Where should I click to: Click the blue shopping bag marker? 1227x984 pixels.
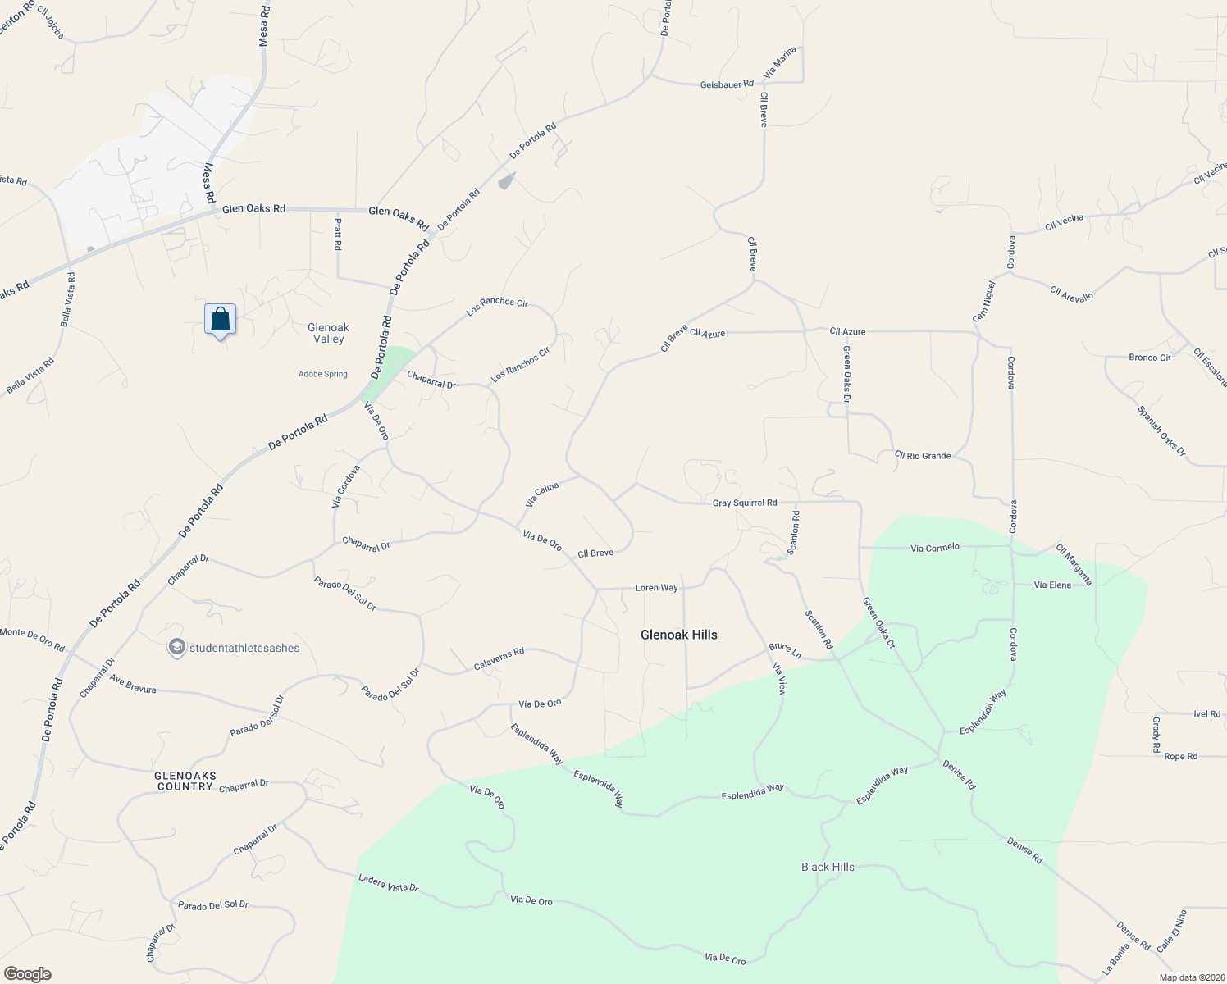(220, 319)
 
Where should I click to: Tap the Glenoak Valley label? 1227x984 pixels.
(328, 333)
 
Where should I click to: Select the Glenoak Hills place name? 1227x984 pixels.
(678, 635)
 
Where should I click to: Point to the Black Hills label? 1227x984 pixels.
(828, 867)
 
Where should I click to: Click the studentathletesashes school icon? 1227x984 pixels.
(176, 648)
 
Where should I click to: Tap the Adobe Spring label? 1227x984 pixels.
(323, 374)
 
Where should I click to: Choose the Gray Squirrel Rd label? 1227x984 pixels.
(744, 503)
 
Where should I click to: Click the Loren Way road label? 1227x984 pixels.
(657, 588)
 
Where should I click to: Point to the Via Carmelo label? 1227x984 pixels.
(934, 547)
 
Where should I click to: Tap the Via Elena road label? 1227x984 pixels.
(1052, 585)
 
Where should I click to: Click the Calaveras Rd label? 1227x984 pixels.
(499, 659)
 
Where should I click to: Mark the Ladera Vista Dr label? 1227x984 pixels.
(388, 883)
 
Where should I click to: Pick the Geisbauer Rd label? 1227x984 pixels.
(727, 84)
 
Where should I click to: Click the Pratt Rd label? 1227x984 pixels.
(338, 235)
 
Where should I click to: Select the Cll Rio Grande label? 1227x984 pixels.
(923, 455)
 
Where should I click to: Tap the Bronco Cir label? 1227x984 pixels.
(1149, 358)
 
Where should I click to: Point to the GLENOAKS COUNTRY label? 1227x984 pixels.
(185, 781)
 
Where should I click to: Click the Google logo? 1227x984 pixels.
(28, 973)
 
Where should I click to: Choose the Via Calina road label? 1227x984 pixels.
(541, 494)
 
